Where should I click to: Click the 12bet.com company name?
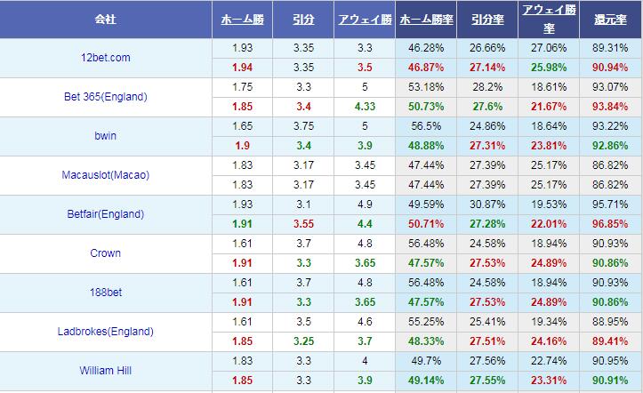tap(106, 58)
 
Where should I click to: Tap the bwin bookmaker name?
tap(106, 136)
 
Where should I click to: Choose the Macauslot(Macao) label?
tap(106, 175)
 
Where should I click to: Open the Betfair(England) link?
tap(106, 214)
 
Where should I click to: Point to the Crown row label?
tap(106, 253)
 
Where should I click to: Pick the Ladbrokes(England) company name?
tap(106, 332)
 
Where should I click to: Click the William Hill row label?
tap(106, 371)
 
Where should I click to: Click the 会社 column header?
tap(106, 19)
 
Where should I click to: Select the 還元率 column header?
tap(609, 19)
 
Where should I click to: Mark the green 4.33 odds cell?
tap(365, 107)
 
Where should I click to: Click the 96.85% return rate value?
tap(610, 224)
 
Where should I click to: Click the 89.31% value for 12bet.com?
tap(610, 48)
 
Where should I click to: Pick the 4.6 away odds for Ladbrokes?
tap(365, 322)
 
